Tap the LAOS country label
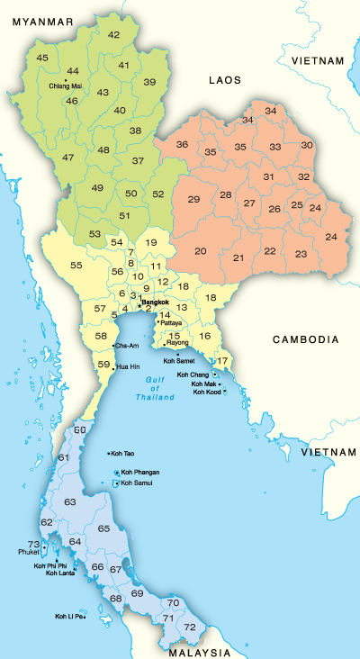coord(225,80)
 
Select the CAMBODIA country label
coord(306,339)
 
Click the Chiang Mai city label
coord(65,86)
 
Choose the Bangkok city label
coord(157,302)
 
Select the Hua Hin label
coord(129,367)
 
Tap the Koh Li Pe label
coord(68,617)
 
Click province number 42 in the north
coord(113,34)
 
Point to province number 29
coord(193,198)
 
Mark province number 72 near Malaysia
coord(189,626)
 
